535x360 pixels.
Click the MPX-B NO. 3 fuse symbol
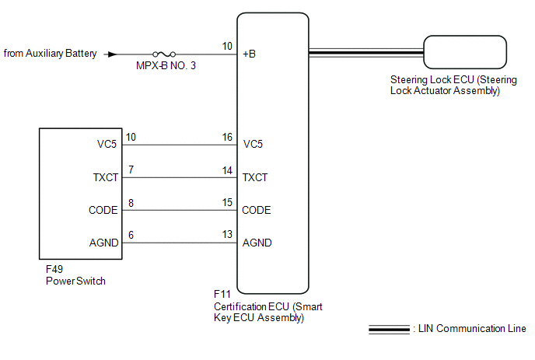coord(164,54)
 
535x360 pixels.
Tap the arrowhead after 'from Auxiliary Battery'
coord(112,54)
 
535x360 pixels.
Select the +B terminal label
coord(249,54)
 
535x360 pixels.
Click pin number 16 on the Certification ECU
coord(227,137)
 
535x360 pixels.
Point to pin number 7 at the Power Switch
coord(131,170)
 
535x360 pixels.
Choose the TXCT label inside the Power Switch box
coord(106,177)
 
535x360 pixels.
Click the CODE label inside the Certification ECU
coord(257,210)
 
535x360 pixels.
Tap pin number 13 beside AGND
coord(227,234)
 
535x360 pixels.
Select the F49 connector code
coord(54,269)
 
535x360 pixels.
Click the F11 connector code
coord(222,294)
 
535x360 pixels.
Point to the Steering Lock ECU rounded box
coord(465,52)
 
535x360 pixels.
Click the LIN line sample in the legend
coord(390,330)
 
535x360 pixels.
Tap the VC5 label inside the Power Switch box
coord(107,144)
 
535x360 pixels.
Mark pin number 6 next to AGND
coord(131,235)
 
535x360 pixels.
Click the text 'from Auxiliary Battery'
coord(50,54)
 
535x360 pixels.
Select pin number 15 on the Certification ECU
coord(227,202)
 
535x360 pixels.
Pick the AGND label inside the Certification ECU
coord(257,243)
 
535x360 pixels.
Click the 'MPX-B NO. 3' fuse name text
coord(166,65)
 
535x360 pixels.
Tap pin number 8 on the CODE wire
coord(131,204)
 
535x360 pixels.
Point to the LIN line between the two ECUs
coord(366,53)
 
